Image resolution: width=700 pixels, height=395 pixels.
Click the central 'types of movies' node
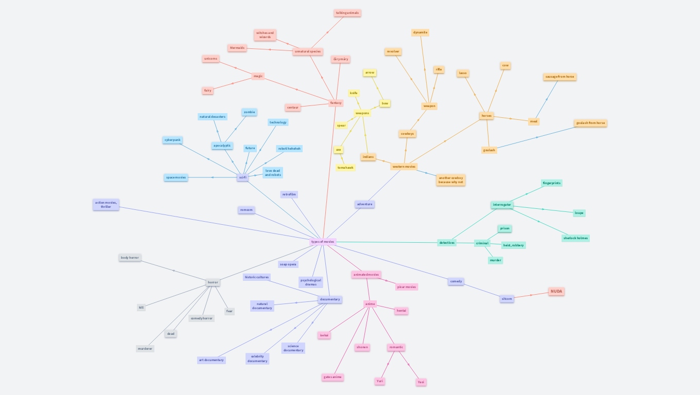[x=323, y=242]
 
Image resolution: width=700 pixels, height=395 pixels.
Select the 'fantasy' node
[x=336, y=103]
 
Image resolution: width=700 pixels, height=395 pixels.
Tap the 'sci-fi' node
[x=242, y=177]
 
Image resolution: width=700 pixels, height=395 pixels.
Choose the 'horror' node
[x=213, y=282]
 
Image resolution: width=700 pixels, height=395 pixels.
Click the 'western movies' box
[x=404, y=167]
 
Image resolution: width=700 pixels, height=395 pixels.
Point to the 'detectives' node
[x=447, y=243]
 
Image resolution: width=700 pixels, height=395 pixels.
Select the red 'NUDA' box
[x=556, y=292]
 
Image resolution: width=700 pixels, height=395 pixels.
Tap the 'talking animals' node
[x=347, y=13]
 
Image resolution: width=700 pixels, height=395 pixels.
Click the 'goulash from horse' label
[x=590, y=123]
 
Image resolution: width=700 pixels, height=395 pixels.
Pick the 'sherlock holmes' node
[x=575, y=238]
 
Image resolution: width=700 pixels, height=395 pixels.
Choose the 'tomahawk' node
[x=345, y=168]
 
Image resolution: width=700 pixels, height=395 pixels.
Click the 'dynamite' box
[x=420, y=32]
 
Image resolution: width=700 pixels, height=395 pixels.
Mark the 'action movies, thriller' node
[x=106, y=205]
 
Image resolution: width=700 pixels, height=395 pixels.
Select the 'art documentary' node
[x=212, y=360]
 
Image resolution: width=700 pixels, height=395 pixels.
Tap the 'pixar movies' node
[x=407, y=287]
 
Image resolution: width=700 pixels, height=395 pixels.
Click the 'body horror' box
[x=130, y=258]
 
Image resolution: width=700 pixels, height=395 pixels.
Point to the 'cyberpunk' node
[x=172, y=140]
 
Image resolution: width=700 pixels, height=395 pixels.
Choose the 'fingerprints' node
[x=552, y=183]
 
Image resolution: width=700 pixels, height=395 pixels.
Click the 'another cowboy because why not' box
[x=451, y=180]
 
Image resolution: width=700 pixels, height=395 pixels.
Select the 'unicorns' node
[x=211, y=59]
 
